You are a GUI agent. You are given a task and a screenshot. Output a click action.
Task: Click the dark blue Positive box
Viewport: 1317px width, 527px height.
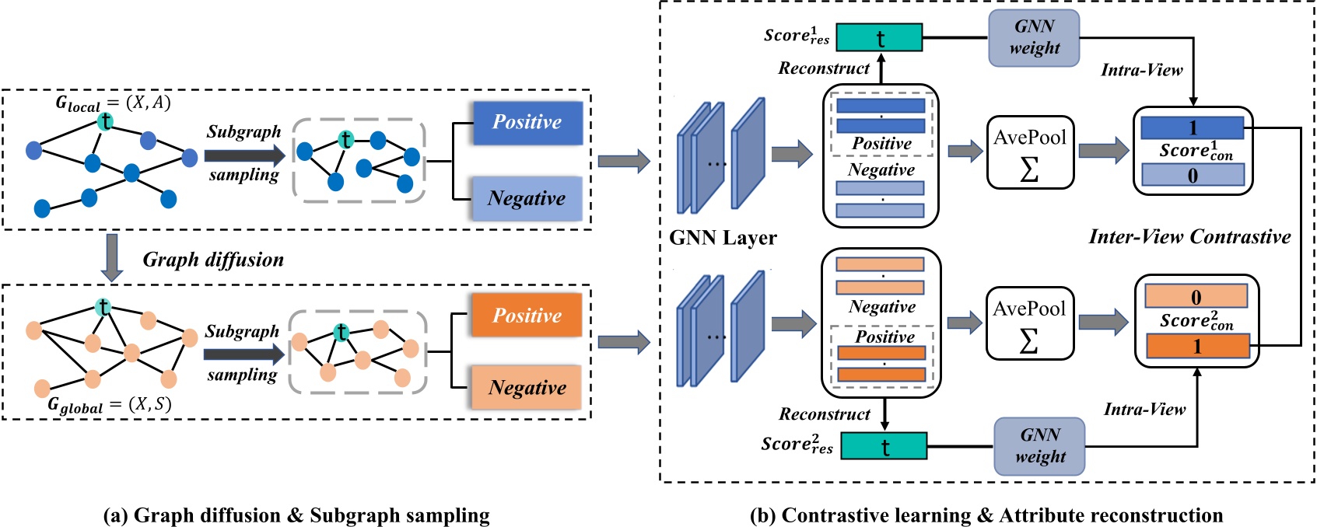527,122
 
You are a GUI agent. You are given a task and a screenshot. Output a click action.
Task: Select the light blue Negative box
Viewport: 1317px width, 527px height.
527,198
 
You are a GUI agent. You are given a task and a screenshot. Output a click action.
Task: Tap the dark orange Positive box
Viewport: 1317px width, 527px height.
527,315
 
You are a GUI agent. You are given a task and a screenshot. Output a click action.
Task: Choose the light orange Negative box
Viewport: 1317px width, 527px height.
527,387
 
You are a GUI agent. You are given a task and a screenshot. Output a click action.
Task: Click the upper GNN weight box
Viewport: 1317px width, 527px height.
1034,37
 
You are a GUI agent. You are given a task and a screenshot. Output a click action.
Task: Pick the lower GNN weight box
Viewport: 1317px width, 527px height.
1039,446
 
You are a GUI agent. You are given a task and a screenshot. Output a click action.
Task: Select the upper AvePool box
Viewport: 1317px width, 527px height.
1030,152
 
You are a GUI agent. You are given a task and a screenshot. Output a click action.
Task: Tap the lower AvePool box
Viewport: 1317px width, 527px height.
1029,323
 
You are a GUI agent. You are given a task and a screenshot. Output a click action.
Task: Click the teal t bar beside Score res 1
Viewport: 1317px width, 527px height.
880,37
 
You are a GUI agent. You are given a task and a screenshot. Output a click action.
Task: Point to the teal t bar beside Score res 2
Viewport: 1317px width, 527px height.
884,446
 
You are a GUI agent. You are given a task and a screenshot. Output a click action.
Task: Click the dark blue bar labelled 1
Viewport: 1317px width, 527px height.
1192,127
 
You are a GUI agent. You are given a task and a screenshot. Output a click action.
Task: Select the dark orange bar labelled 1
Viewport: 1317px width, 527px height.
1197,347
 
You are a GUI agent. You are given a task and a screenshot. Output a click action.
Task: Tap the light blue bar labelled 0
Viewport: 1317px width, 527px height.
1192,176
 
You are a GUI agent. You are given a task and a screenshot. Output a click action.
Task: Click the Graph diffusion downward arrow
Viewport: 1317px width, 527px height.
113,257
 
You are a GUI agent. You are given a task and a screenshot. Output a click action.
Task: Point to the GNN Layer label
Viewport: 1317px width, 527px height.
723,238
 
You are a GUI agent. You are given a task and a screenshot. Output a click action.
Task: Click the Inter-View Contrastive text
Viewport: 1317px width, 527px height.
1189,237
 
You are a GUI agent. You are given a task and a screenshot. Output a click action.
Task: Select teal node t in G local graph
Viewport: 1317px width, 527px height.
106,121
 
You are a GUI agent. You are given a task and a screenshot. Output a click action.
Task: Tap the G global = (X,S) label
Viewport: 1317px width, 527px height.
109,405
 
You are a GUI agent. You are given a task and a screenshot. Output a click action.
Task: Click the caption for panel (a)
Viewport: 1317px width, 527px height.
296,515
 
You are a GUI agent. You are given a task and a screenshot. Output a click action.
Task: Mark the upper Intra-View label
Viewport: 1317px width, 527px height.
1141,70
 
